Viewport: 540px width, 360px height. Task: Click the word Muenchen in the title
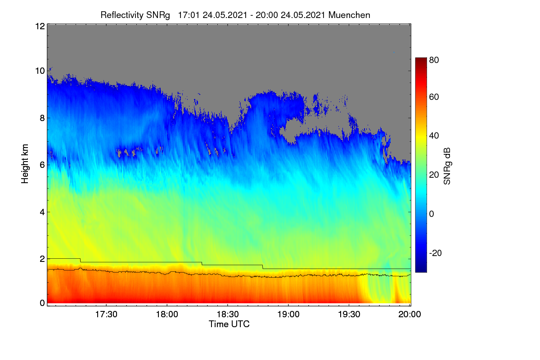(x=349, y=15)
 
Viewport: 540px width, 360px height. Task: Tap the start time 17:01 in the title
(x=189, y=15)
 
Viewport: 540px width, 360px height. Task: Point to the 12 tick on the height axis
(x=40, y=26)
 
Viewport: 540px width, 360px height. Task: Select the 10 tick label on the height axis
(x=40, y=71)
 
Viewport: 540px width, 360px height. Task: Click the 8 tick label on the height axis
(x=42, y=118)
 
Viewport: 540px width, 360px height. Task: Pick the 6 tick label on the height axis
(x=42, y=165)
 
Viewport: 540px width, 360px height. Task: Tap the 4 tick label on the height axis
(x=42, y=212)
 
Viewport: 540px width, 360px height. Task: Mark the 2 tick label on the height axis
(x=42, y=259)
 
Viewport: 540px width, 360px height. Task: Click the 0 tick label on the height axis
(x=42, y=303)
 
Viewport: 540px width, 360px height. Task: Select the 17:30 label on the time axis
(x=106, y=315)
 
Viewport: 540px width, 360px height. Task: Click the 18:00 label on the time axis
(x=167, y=315)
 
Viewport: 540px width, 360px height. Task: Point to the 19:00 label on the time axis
(x=288, y=315)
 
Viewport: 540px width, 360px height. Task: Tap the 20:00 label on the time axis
(x=409, y=315)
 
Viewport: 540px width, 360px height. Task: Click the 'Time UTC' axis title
(x=229, y=324)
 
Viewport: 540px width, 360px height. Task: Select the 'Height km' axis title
(x=25, y=164)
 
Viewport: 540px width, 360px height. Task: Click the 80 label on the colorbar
(x=434, y=60)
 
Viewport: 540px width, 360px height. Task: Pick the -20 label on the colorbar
(x=435, y=253)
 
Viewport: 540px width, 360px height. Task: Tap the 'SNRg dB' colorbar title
(x=447, y=166)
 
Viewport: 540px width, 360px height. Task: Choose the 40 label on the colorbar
(x=434, y=136)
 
